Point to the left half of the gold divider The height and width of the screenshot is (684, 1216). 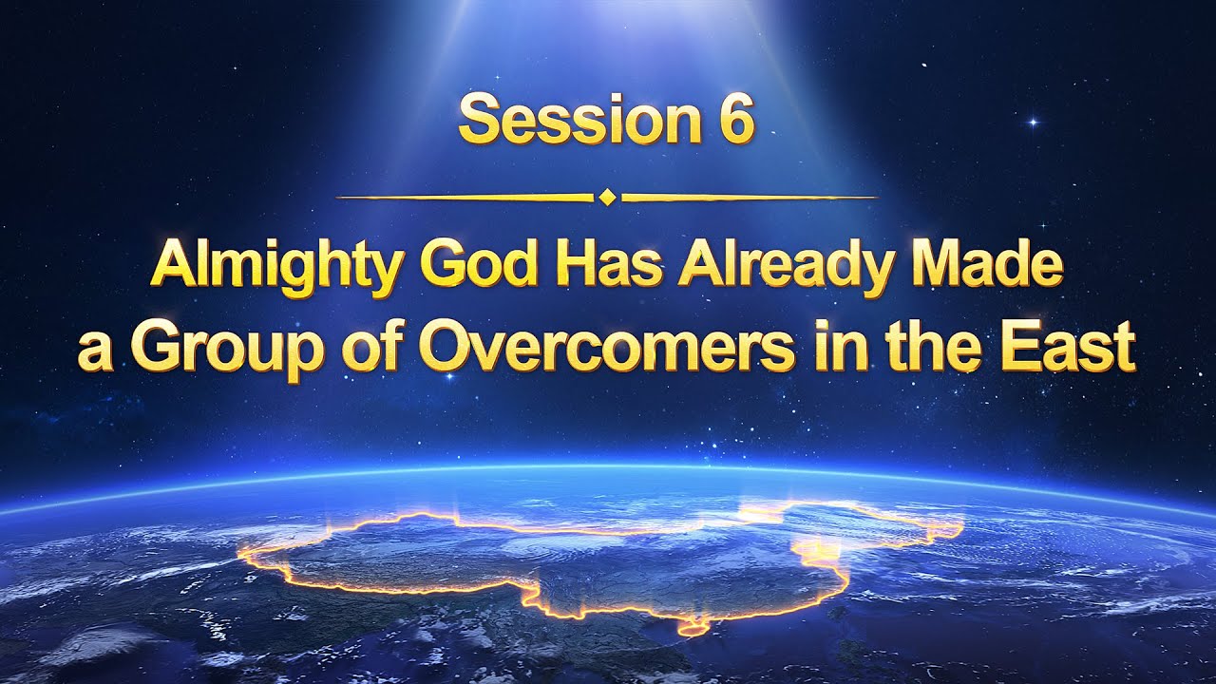465,198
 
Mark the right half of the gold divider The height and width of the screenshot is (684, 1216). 749,198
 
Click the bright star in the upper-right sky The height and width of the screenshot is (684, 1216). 1034,122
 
